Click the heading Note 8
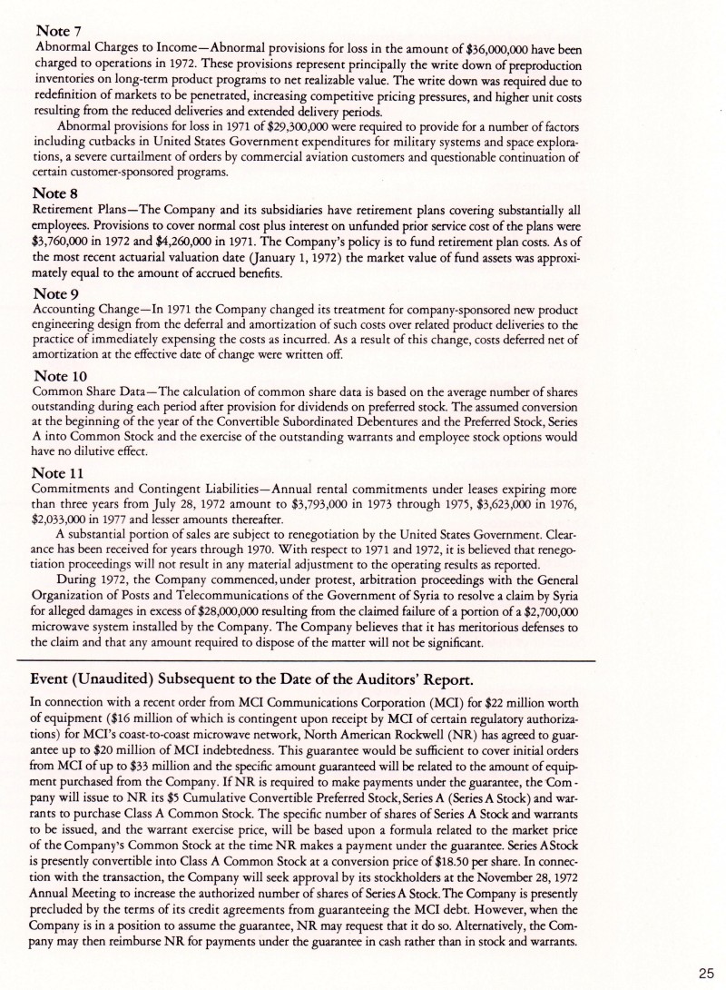coord(55,193)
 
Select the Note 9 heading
coord(56,294)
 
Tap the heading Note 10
coord(60,376)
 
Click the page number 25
coord(706,973)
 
